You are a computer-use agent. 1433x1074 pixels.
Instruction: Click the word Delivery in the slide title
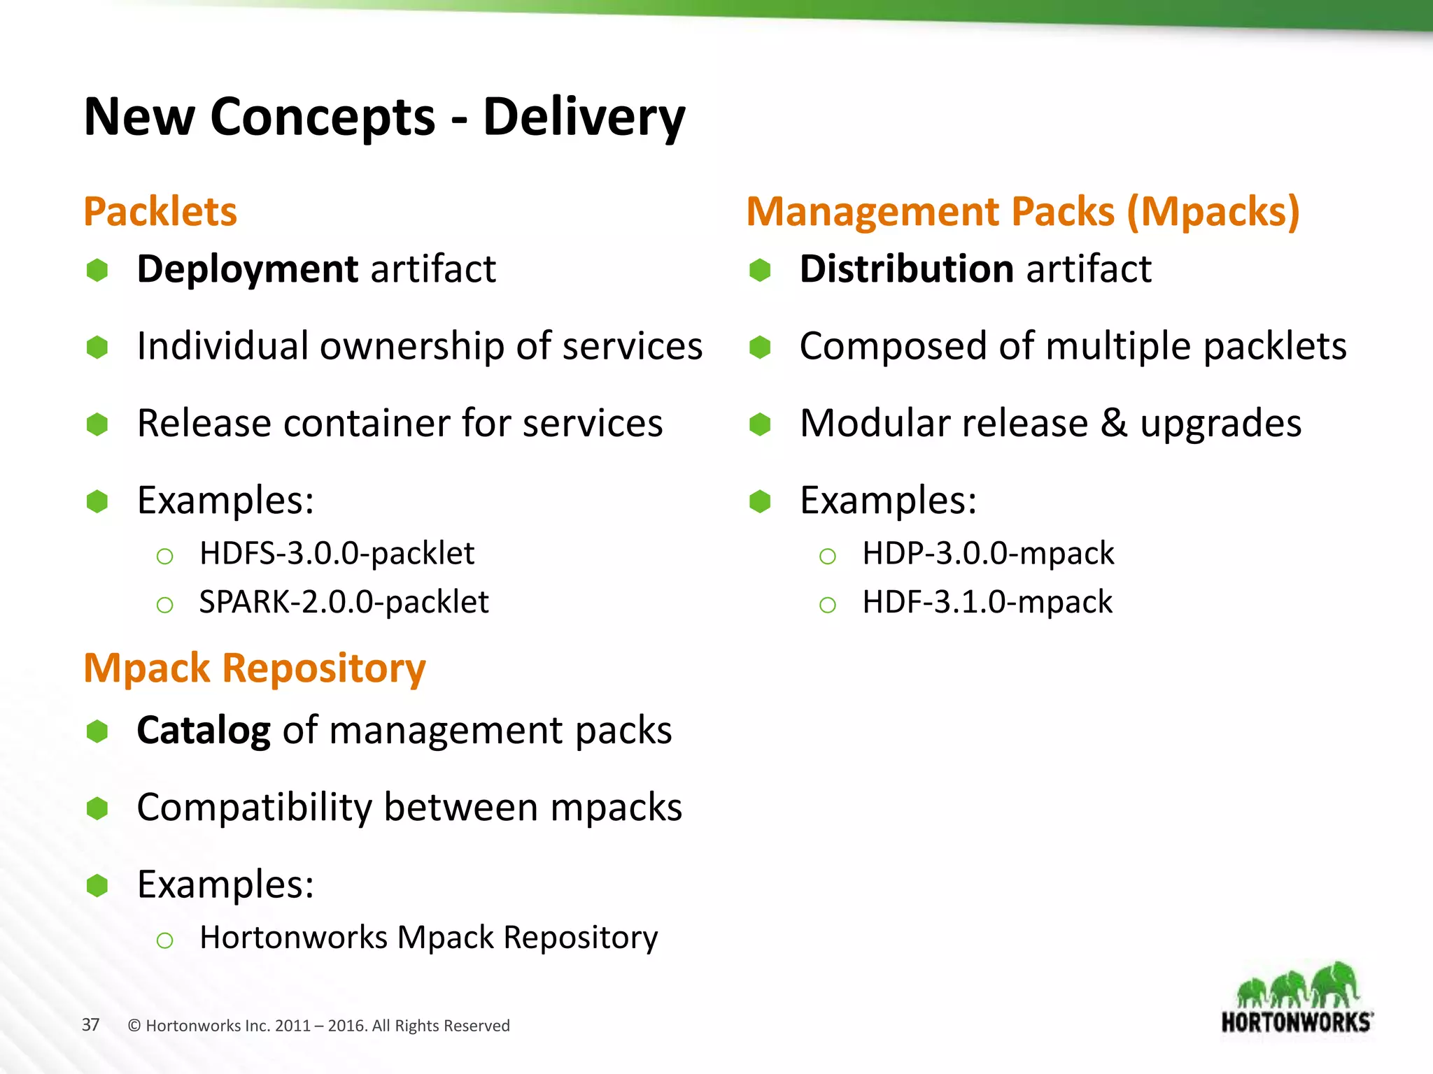pos(584,117)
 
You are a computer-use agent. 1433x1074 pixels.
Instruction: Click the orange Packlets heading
pos(160,212)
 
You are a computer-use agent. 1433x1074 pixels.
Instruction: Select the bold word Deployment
pos(247,269)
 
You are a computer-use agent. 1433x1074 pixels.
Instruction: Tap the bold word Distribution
pos(906,269)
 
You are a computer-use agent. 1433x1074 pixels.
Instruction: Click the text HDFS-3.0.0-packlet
pos(337,553)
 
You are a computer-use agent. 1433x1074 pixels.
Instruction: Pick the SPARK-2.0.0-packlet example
pos(344,602)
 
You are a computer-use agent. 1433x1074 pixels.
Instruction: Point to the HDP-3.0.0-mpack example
pos(987,553)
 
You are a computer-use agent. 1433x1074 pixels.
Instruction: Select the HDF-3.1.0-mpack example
pos(987,602)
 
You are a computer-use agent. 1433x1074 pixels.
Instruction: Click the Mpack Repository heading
pos(255,668)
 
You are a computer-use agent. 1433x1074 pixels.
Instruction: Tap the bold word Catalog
pos(203,731)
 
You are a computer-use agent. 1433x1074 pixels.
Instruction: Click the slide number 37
pos(90,1025)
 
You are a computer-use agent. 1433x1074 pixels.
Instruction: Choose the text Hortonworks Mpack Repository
pos(428,938)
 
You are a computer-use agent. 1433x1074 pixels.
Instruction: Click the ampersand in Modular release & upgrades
pos(1114,424)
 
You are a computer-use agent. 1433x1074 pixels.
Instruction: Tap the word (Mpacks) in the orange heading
pos(1213,212)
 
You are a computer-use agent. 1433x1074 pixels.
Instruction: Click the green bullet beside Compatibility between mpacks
pos(97,809)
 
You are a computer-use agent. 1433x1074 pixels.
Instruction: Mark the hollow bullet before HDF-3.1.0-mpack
pos(827,605)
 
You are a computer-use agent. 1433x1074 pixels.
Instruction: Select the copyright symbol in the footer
pos(134,1026)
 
